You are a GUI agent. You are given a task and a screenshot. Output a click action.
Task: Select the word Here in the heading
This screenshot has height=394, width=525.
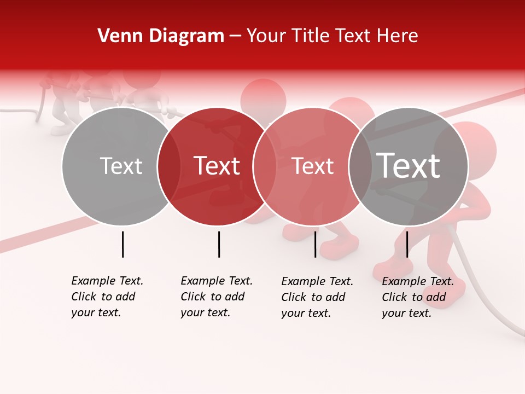[x=398, y=36]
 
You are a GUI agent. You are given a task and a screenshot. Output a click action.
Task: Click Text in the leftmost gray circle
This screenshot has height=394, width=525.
[x=121, y=166]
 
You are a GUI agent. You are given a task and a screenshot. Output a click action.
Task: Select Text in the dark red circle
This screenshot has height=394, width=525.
[x=217, y=166]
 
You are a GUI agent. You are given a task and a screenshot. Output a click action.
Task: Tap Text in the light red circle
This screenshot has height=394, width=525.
[x=313, y=166]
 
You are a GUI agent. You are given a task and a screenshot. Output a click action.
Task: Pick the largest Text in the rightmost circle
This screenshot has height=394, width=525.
[x=409, y=166]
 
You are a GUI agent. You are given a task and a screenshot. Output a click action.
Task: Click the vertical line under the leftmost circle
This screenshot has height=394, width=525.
[x=122, y=244]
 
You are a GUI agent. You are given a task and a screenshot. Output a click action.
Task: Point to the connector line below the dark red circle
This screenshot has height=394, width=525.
[x=219, y=244]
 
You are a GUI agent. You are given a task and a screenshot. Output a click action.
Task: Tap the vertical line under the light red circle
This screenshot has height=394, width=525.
[x=316, y=244]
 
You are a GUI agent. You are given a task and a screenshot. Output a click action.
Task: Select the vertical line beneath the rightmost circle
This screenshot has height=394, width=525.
[x=407, y=244]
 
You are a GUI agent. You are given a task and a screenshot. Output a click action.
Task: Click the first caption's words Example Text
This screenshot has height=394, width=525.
[x=107, y=281]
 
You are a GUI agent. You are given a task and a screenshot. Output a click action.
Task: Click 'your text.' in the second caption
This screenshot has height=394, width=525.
[x=205, y=313]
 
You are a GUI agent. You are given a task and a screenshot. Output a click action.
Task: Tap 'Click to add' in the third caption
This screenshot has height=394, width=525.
[x=313, y=297]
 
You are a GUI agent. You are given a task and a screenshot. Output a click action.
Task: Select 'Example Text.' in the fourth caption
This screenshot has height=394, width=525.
[x=418, y=282]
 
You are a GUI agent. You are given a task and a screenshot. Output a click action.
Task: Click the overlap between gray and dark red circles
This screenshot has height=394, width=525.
[x=169, y=166]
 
